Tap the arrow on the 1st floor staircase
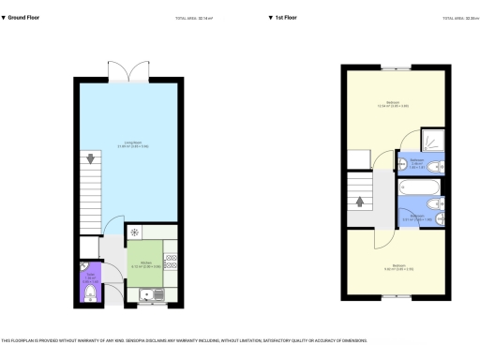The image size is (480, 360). [360, 199]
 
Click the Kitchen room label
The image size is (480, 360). [146, 263]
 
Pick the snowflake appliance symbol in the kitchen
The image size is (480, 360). [135, 232]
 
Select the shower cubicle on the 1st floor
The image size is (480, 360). [431, 141]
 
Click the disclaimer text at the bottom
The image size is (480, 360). [184, 340]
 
